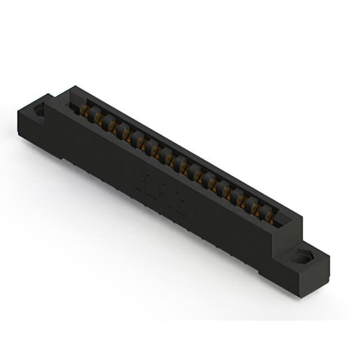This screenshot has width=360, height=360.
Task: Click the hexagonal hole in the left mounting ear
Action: coord(40,110)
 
